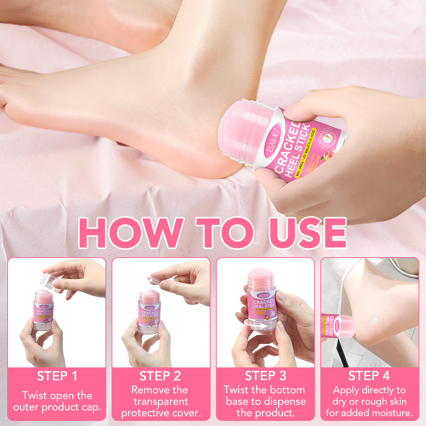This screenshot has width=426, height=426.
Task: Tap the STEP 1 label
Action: [57, 376]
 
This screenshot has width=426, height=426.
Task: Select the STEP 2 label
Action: [160, 376]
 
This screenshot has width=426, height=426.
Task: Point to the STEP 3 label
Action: [265, 376]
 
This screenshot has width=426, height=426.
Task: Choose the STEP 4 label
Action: [369, 376]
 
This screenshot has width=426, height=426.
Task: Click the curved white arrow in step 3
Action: [256, 325]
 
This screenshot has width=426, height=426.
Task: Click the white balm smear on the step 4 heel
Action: [374, 321]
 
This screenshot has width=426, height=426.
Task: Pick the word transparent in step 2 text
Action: [161, 402]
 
